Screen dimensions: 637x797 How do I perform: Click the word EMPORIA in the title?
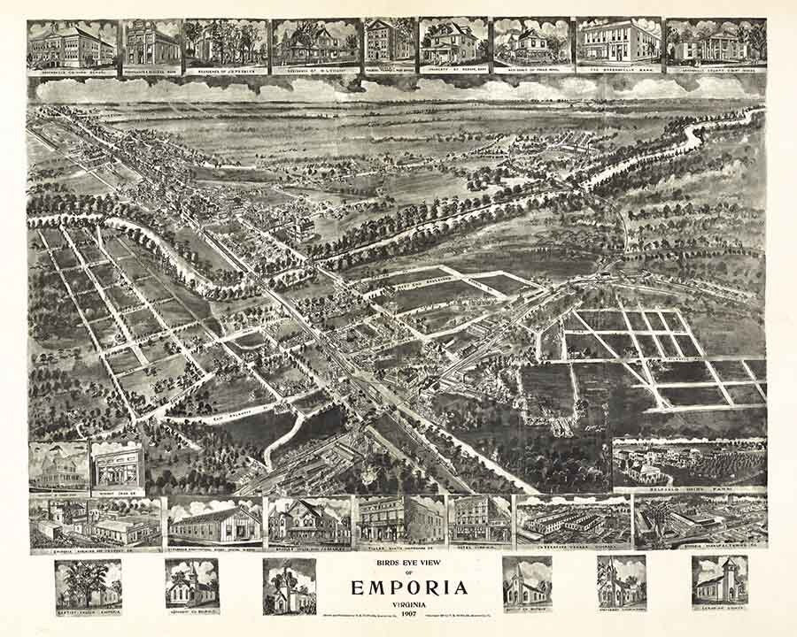click(x=398, y=587)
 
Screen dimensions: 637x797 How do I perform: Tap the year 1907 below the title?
click(x=398, y=613)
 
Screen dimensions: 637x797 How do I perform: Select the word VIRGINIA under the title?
click(x=398, y=603)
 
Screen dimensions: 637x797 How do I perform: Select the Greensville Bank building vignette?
click(x=617, y=42)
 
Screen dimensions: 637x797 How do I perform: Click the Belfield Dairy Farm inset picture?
click(x=690, y=461)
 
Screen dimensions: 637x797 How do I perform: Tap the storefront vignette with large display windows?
click(x=117, y=466)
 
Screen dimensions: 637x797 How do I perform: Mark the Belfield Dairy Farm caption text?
click(x=690, y=488)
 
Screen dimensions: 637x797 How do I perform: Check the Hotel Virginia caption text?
click(x=479, y=546)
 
